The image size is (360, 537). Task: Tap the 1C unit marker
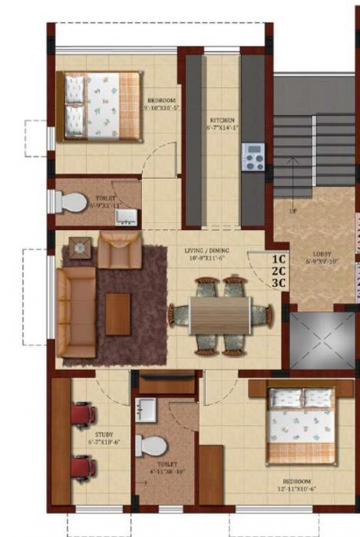click(x=279, y=259)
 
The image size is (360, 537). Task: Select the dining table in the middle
click(x=220, y=315)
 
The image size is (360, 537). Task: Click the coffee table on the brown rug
click(x=117, y=314)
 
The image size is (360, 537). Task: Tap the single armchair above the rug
click(x=120, y=250)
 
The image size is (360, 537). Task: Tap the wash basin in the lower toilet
click(x=147, y=410)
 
